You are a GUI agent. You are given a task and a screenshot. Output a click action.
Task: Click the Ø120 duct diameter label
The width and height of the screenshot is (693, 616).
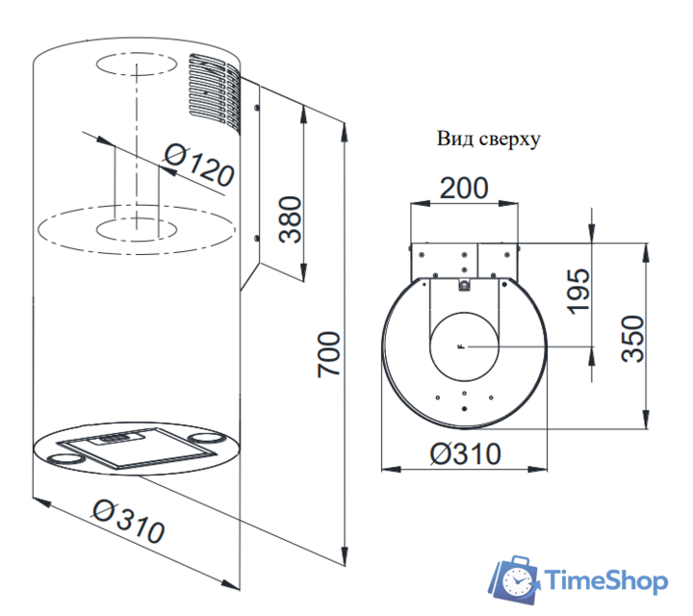coord(199,165)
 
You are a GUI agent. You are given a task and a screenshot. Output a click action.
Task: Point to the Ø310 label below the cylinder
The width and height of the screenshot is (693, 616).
coord(128,521)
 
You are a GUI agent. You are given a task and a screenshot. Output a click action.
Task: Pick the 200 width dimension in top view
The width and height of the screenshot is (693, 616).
coord(464,188)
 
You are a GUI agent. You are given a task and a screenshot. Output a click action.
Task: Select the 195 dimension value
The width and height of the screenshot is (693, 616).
coord(577,289)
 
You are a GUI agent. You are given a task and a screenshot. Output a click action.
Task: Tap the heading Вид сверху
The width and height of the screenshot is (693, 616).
coord(488,139)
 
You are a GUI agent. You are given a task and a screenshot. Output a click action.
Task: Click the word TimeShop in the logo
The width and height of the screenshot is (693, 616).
coord(606,581)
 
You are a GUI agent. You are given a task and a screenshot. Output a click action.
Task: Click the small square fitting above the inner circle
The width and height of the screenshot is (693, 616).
coord(464,285)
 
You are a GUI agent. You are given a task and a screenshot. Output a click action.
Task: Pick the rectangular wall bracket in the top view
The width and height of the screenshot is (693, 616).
coord(464,258)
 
